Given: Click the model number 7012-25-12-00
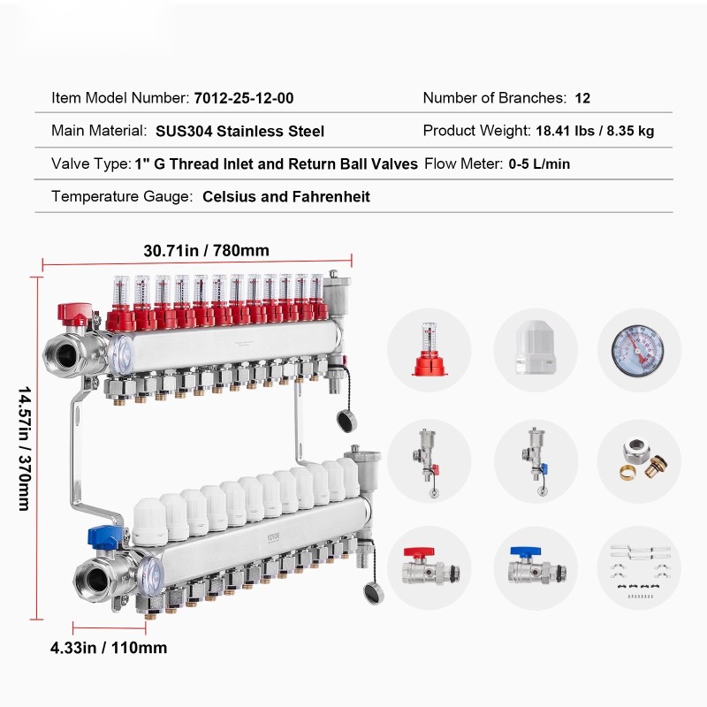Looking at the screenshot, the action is (244, 98).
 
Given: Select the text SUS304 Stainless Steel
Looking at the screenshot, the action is (239, 131).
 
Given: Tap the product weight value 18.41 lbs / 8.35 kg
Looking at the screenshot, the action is (595, 131).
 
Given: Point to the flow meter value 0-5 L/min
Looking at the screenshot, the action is (539, 163).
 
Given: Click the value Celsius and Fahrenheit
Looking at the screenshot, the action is (286, 196).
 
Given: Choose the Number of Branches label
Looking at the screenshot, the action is (495, 98).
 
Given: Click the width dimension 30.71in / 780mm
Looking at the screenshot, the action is (207, 251).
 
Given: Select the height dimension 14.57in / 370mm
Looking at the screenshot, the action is (25, 448).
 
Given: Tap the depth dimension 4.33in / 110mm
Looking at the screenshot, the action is (109, 648).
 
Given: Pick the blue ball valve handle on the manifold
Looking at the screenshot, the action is (104, 536).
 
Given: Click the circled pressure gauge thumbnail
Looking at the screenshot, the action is (639, 350).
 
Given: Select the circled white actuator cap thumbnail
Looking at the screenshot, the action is (536, 350).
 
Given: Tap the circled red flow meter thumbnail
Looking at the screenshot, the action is (430, 350).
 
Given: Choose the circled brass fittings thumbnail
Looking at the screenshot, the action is (639, 461).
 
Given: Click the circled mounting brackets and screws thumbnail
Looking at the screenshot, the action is (639, 568).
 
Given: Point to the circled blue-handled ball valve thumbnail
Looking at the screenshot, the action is (536, 568).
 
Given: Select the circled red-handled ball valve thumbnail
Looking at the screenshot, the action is (430, 568).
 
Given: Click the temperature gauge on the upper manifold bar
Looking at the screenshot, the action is (121, 354).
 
